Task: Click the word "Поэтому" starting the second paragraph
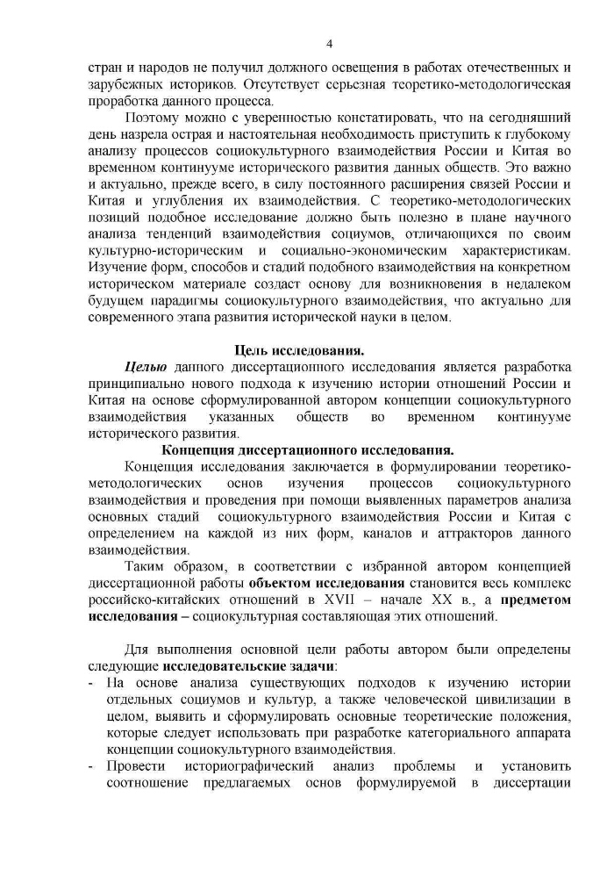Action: pyautogui.click(x=153, y=117)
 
